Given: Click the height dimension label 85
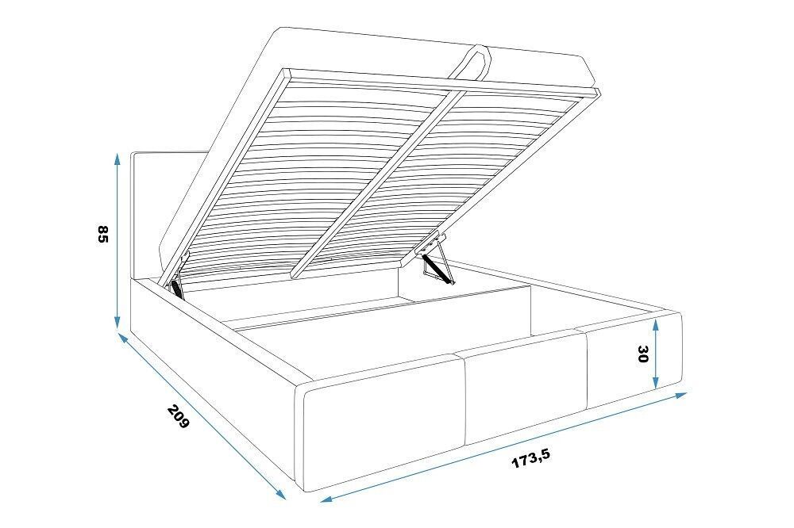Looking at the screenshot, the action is (x=102, y=234).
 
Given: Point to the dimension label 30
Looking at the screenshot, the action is (x=642, y=354).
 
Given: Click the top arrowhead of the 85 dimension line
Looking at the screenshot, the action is (x=117, y=159).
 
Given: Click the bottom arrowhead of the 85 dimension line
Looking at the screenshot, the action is (x=117, y=322).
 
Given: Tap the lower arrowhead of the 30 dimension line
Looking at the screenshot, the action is (x=656, y=382).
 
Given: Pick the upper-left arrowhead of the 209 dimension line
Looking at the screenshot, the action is (x=123, y=338).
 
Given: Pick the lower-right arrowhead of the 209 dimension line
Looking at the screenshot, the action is (x=280, y=494).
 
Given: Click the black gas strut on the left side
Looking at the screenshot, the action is (x=177, y=289).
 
